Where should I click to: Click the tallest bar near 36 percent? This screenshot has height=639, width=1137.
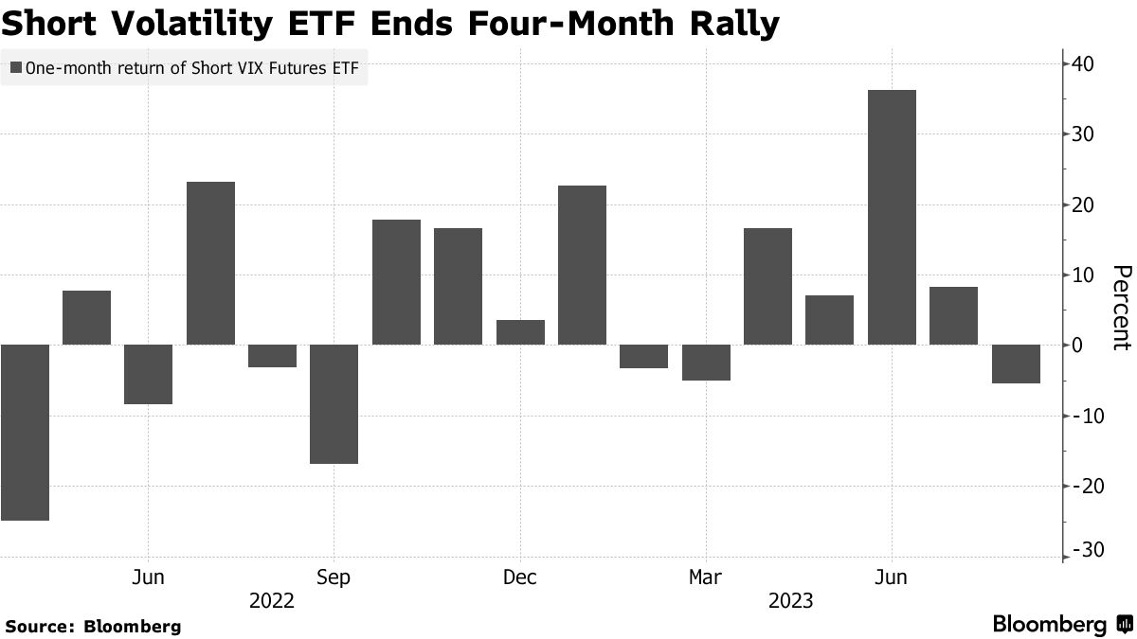(x=892, y=217)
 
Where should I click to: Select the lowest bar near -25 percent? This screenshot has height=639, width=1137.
(x=25, y=432)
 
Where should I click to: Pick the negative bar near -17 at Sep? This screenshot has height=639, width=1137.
(x=334, y=404)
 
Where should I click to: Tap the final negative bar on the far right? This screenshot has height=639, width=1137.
(x=1016, y=364)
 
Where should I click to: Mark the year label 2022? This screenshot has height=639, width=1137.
(x=272, y=601)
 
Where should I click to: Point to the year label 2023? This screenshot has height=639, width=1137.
(x=790, y=601)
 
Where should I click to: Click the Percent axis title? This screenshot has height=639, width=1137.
(x=1120, y=308)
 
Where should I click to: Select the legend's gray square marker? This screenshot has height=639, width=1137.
(x=16, y=67)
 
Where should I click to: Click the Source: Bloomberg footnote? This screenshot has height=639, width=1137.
(x=93, y=626)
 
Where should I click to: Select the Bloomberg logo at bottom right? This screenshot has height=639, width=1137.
(x=1061, y=625)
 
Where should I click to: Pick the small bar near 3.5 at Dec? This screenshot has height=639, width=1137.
(x=520, y=332)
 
